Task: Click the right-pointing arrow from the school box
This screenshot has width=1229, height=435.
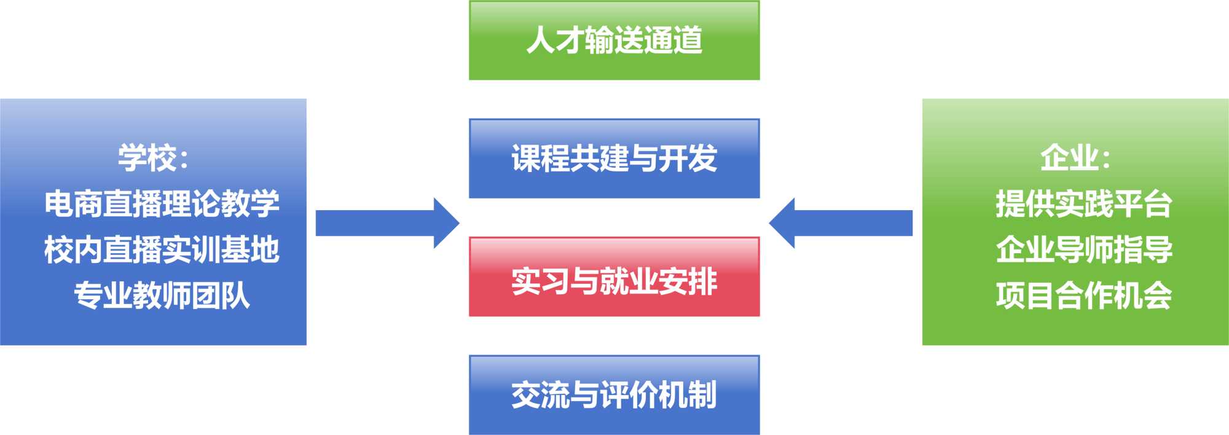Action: [x=387, y=223]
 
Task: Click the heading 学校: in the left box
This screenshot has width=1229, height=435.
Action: [x=154, y=158]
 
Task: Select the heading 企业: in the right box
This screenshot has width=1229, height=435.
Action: [x=1075, y=158]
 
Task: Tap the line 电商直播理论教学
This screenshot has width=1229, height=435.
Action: [x=162, y=204]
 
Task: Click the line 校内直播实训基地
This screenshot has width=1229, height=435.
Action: [x=162, y=250]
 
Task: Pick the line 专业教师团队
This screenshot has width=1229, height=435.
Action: [x=162, y=296]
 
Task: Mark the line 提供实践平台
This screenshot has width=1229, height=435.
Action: [x=1084, y=204]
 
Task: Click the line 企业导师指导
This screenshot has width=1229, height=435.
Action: [x=1084, y=250]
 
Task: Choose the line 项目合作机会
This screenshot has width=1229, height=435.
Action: [x=1084, y=296]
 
